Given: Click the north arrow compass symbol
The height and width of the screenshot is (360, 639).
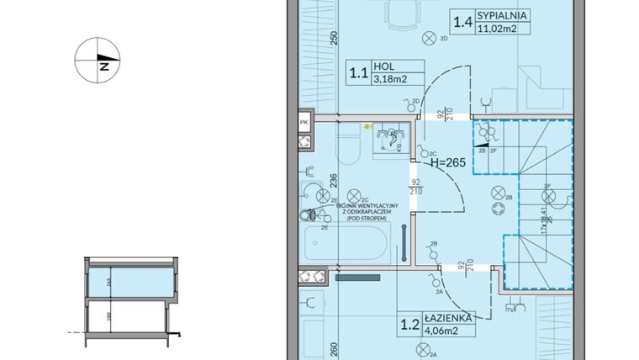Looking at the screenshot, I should pyautogui.click(x=98, y=62).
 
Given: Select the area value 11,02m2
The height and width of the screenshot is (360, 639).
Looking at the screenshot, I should pyautogui.click(x=497, y=29).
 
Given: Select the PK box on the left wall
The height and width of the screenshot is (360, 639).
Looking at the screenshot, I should pyautogui.click(x=304, y=123).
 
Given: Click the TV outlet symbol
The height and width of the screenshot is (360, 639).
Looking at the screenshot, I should pyautogui.click(x=510, y=309).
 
